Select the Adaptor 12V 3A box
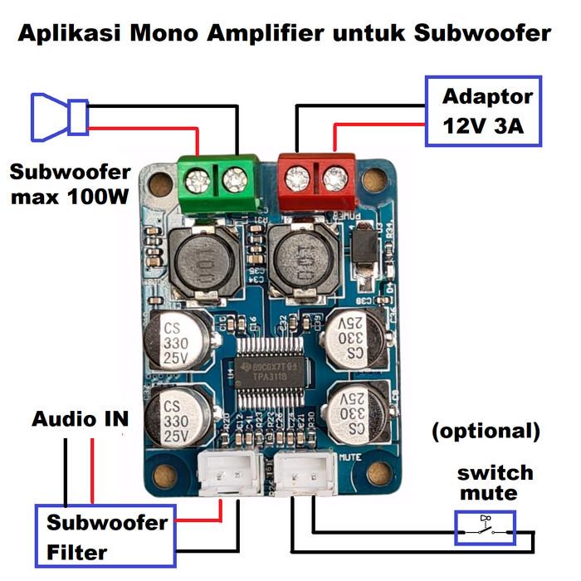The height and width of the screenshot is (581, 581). pos(483,112)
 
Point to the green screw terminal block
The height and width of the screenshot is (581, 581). pos(217,183)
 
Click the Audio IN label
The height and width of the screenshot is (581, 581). pos(80,419)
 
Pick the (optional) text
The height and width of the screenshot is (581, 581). pos(486,432)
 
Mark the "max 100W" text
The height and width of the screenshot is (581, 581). pos(71,199)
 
